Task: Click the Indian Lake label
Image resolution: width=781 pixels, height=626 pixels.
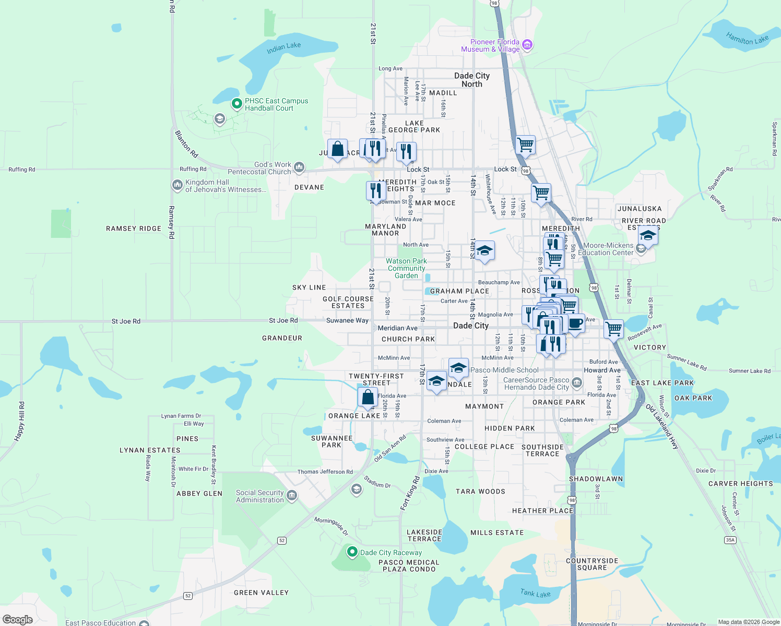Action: [283, 48]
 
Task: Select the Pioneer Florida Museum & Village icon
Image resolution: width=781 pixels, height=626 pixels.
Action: [527, 45]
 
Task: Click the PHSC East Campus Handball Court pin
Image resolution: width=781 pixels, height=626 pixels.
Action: [236, 104]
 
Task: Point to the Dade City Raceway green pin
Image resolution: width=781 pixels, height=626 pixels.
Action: [352, 552]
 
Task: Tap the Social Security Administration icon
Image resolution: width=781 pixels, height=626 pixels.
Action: [292, 495]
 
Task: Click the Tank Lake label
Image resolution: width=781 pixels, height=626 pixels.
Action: [535, 593]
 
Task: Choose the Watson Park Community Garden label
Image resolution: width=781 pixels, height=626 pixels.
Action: [407, 268]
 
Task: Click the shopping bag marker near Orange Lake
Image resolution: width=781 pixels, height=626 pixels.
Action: [368, 397]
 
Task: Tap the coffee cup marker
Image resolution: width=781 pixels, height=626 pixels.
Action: [575, 323]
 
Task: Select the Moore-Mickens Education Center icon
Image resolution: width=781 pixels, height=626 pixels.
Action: [641, 249]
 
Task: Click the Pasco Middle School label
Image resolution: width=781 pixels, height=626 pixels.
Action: [504, 370]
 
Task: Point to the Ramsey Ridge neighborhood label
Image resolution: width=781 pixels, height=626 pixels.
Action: [134, 228]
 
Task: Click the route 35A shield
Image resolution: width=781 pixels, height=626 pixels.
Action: [730, 540]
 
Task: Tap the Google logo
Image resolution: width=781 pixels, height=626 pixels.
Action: [18, 619]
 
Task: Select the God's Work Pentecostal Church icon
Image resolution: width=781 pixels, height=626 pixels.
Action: [299, 167]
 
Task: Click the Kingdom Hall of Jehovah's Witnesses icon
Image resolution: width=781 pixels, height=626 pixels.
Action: [177, 185]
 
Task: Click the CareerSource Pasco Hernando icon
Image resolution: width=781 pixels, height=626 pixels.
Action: [576, 383]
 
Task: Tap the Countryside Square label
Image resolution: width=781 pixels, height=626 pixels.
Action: [592, 564]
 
